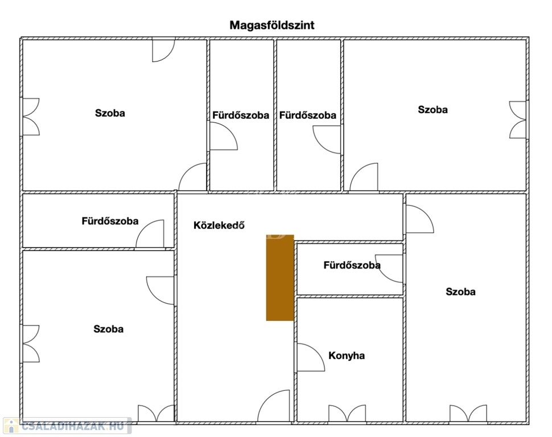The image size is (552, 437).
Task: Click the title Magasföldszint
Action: point(272,26)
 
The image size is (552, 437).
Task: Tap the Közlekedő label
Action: point(219,225)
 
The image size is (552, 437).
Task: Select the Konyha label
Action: point(347,356)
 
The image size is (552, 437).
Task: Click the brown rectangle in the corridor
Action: point(280,278)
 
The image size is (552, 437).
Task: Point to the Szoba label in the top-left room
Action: point(110,113)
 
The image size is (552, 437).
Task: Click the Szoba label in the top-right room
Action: point(432,109)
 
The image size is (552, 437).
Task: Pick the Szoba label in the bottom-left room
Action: point(109,329)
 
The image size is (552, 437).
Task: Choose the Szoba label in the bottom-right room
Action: point(460,291)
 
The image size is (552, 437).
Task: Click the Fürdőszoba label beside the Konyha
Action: point(352,265)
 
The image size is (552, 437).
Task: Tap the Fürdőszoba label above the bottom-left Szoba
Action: point(110,221)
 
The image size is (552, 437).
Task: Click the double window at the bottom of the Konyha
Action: point(347,413)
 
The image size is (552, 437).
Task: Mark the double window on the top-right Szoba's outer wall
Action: point(518,119)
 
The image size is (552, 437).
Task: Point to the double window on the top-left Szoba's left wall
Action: point(31,117)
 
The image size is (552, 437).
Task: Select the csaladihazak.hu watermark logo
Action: point(67,426)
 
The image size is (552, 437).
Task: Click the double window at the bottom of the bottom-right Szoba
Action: point(468,413)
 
